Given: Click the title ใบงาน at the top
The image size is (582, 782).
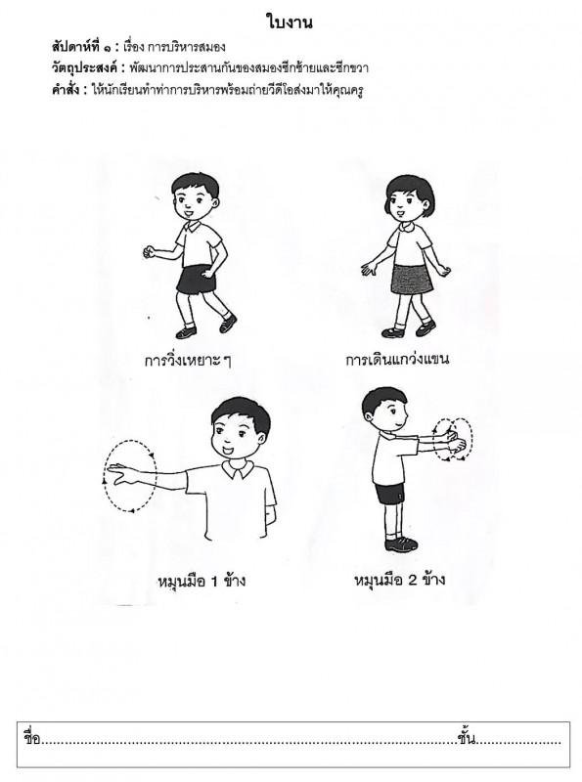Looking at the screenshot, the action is click(x=289, y=23).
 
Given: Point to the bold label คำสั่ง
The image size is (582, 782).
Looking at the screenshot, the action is click(x=66, y=90).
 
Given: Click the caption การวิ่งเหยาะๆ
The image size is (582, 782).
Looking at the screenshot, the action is click(x=188, y=360).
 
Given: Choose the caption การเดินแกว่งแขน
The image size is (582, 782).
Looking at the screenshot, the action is click(x=397, y=359).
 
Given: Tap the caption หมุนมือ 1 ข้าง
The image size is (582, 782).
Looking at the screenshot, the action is click(x=201, y=581).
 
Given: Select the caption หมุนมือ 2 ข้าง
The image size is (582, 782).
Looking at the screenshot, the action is click(x=399, y=580).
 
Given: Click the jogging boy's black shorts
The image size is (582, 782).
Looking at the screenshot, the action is click(x=197, y=281).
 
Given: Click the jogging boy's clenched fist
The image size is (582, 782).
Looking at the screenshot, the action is click(x=148, y=252).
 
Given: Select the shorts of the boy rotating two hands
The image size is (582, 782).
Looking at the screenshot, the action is click(x=389, y=494).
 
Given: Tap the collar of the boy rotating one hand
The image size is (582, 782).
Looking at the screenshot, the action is click(x=236, y=469).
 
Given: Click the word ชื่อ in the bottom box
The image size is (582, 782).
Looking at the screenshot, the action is click(x=32, y=738).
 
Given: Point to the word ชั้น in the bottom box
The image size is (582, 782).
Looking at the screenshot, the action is click(x=466, y=738).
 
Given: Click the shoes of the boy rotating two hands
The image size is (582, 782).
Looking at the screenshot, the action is click(x=400, y=543).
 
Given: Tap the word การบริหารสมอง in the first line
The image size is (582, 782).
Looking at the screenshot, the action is click(x=186, y=47).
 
